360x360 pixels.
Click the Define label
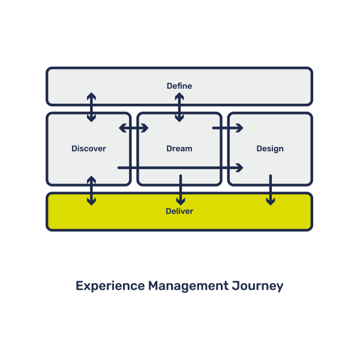(x=179, y=86)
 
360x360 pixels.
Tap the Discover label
(x=89, y=148)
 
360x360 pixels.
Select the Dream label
(x=179, y=148)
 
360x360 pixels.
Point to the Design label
(x=270, y=148)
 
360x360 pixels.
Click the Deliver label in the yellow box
(x=179, y=211)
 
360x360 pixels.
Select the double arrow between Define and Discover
(x=91, y=107)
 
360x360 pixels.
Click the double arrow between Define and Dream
(x=179, y=107)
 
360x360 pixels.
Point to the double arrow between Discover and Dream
(x=134, y=128)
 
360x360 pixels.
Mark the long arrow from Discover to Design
(x=180, y=167)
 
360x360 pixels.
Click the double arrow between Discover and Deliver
(x=91, y=191)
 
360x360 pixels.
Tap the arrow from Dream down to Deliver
(x=181, y=190)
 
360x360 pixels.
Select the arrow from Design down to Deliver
(x=271, y=190)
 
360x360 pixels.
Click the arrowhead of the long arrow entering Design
(x=240, y=167)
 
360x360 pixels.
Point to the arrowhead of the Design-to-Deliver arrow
(x=271, y=202)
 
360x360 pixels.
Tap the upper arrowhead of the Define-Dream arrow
(x=179, y=96)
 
